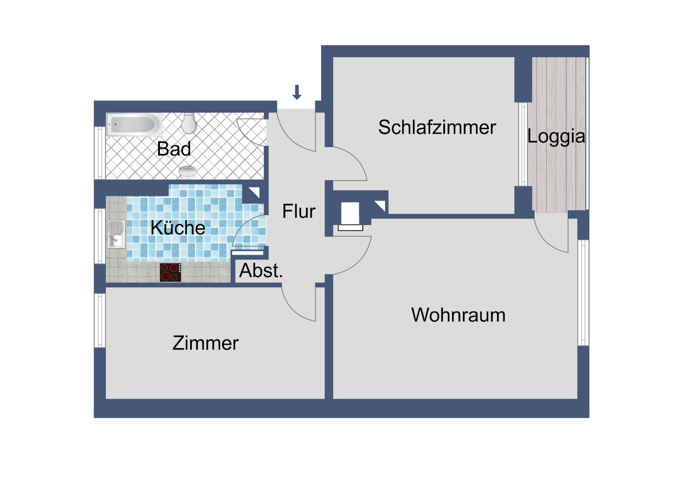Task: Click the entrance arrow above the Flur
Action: pyautogui.click(x=297, y=92)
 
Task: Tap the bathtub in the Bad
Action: pyautogui.click(x=134, y=124)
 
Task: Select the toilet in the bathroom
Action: pyautogui.click(x=188, y=123)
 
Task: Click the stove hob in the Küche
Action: pyautogui.click(x=170, y=272)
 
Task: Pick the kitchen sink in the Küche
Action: pyautogui.click(x=116, y=234)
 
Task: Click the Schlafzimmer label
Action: pyautogui.click(x=437, y=127)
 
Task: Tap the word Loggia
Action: pyautogui.click(x=556, y=136)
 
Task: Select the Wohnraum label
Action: pyautogui.click(x=458, y=315)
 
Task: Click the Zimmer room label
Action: pyautogui.click(x=205, y=343)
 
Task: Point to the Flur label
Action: pyautogui.click(x=299, y=211)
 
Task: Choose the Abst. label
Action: pyautogui.click(x=261, y=270)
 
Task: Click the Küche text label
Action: pyautogui.click(x=178, y=227)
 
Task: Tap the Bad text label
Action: pyautogui.click(x=174, y=149)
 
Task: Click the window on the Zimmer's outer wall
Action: pyautogui.click(x=100, y=320)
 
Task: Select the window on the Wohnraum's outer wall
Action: pyautogui.click(x=583, y=293)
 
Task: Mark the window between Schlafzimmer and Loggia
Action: pyautogui.click(x=523, y=144)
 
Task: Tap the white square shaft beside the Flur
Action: pyautogui.click(x=350, y=213)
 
